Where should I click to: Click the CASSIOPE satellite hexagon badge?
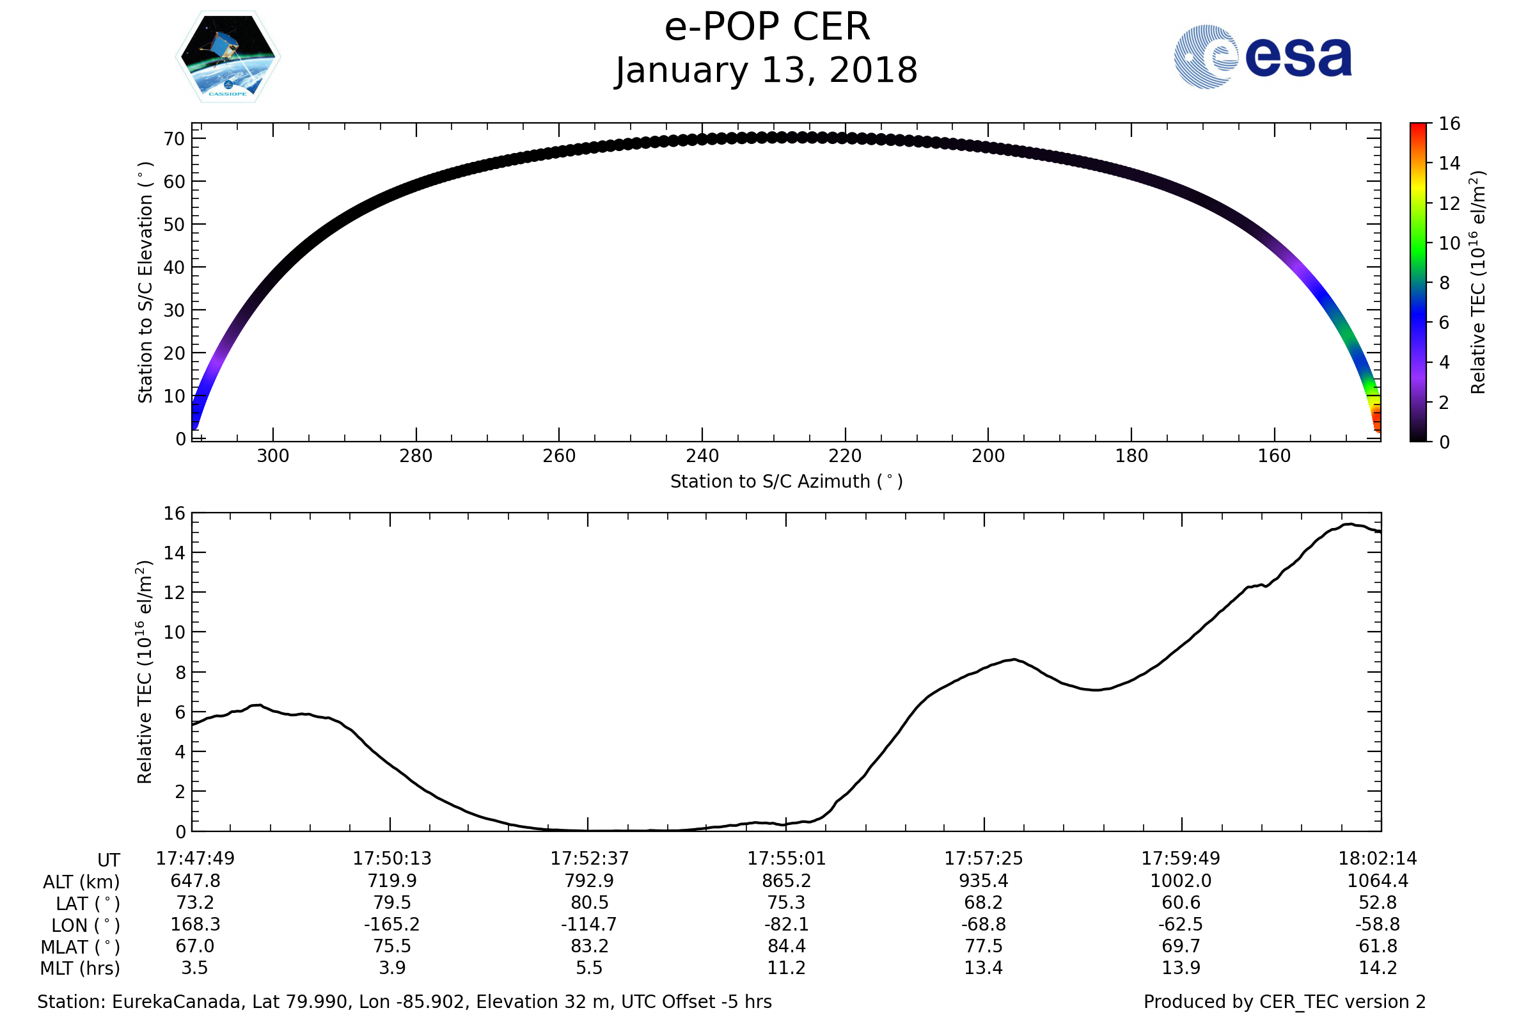click(228, 57)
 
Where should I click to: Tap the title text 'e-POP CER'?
click(767, 28)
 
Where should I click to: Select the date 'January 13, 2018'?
click(767, 70)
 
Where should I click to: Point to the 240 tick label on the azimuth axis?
click(702, 456)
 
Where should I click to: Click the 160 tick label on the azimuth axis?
click(1275, 456)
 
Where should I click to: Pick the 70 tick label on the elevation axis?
click(174, 139)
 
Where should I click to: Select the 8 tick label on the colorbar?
click(1444, 283)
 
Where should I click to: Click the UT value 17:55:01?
click(787, 858)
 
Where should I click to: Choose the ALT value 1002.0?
click(1181, 881)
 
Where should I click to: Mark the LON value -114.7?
click(588, 924)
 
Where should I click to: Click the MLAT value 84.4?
click(787, 946)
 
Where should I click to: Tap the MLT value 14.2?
click(1378, 967)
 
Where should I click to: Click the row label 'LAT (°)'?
click(88, 904)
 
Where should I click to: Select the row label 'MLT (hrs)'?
click(81, 968)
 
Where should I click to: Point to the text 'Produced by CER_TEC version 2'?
click(1284, 1002)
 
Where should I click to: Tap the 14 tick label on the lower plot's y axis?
click(174, 553)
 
